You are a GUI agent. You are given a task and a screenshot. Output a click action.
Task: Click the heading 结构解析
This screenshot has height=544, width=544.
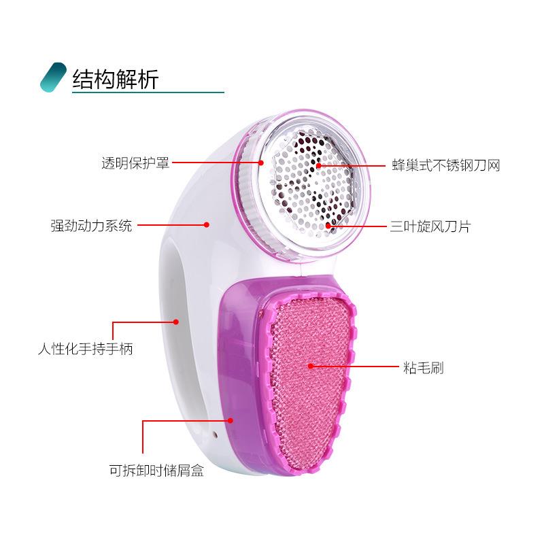tap(115, 79)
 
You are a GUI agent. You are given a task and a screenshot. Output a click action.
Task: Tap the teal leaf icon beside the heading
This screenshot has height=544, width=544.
tap(54, 78)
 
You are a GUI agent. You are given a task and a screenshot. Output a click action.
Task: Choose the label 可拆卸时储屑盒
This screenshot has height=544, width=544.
tap(161, 469)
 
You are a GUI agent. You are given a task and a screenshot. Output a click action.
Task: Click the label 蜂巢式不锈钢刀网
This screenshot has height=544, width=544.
tap(445, 165)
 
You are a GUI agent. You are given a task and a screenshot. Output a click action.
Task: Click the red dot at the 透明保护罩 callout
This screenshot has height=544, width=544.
tap(261, 163)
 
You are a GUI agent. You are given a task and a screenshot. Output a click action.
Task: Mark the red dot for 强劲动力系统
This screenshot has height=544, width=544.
tap(207, 224)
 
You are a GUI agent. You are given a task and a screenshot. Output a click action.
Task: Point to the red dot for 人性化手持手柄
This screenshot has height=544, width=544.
tap(175, 321)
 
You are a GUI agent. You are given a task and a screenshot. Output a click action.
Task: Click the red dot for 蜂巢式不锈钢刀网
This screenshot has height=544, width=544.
tap(318, 165)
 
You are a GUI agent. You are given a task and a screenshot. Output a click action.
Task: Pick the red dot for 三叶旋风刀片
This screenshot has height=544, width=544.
tap(328, 225)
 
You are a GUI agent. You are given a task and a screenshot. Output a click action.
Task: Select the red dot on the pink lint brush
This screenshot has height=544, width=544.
tap(311, 367)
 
